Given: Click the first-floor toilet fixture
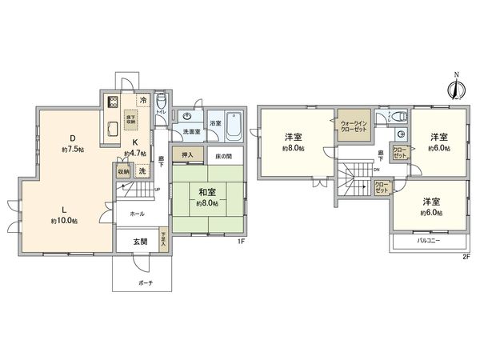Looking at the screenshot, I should point(161,102).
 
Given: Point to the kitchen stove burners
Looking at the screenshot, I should point(113,102).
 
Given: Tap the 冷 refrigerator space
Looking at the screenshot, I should point(142,100).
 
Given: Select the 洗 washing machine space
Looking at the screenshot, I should point(142,170).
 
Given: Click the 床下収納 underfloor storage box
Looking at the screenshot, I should point(130,119).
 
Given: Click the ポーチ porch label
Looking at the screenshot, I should point(145,283).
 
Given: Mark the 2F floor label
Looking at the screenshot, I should point(464,258).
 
